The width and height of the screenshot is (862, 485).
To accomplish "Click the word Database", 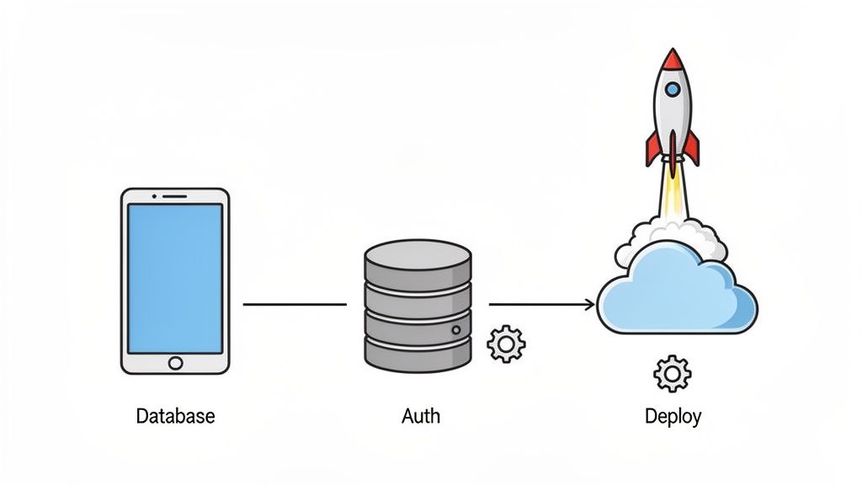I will coord(175,416).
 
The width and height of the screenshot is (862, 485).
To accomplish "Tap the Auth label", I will coord(420,416).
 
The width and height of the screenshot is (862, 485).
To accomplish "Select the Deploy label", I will coord(673,416).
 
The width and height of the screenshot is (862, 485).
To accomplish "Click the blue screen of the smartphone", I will coord(175,278).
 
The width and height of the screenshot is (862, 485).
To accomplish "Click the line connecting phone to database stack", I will coord(295,304).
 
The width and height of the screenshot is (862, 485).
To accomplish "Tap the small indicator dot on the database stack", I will coord(456,328).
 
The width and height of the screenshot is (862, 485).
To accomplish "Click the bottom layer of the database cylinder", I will coord(418,351).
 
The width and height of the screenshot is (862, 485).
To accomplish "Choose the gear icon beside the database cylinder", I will coord(506,344).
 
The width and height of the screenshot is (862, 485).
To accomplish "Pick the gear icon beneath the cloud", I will coord(672,373).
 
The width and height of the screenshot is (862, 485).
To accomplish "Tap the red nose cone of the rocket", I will coord(672,61).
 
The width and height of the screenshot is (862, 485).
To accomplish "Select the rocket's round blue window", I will coord(672,89).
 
